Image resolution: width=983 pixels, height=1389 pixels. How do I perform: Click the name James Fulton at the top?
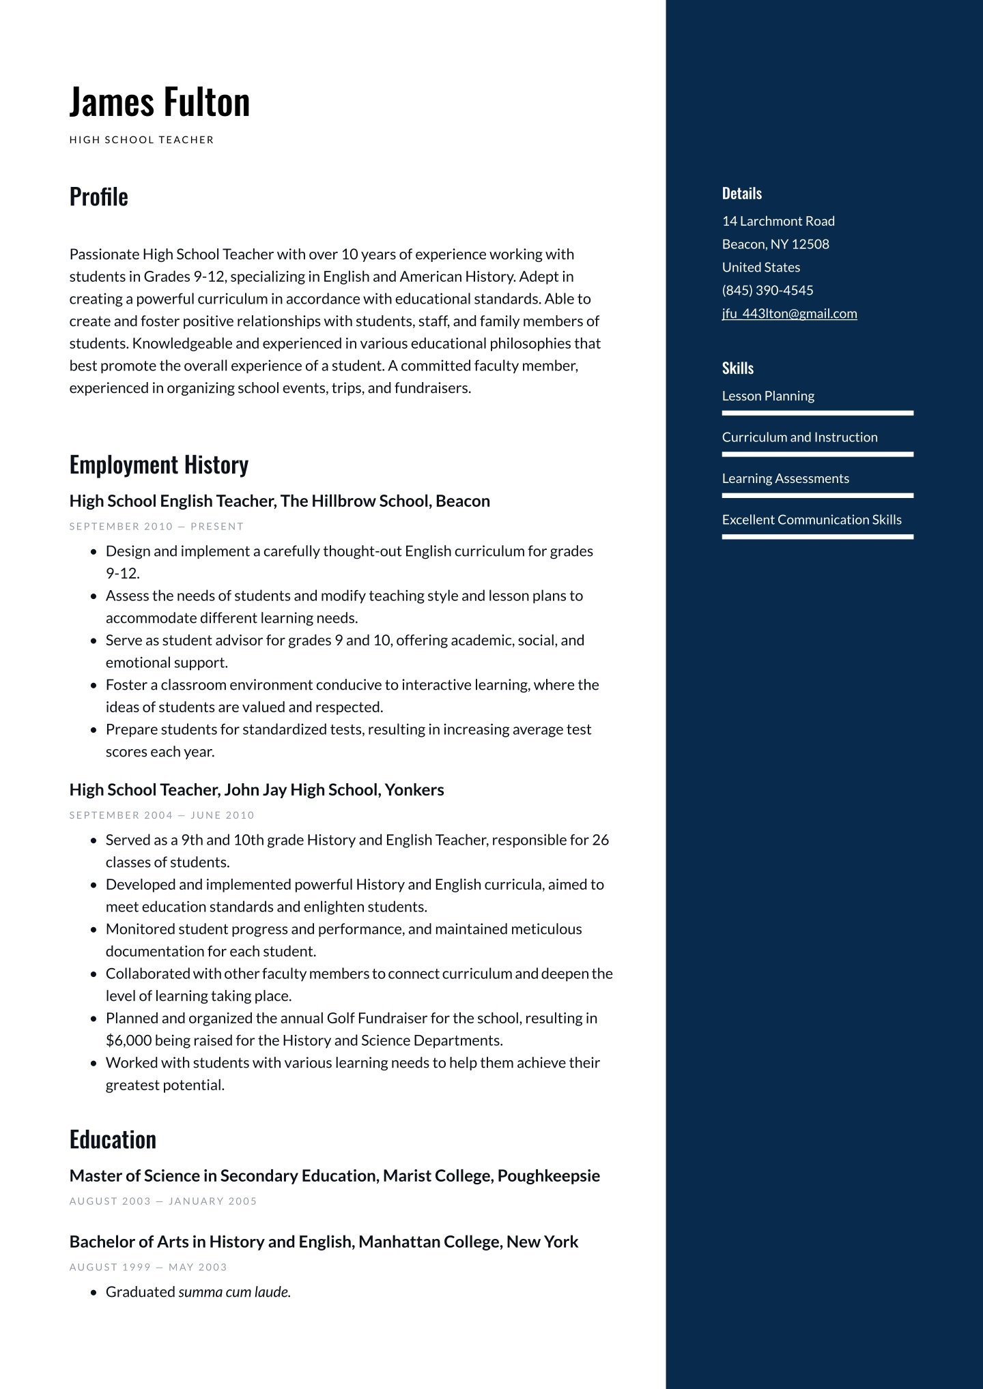click(x=160, y=102)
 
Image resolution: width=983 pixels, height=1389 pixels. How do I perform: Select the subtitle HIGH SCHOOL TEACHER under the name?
click(x=142, y=140)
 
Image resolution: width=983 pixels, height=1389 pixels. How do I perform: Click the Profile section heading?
click(x=99, y=196)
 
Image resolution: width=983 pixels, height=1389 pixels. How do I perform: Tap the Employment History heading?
click(x=159, y=465)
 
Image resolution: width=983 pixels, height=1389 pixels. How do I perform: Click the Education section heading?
click(x=113, y=1140)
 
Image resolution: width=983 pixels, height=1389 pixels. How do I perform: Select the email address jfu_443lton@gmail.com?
click(x=789, y=314)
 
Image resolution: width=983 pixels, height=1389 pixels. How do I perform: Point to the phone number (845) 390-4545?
click(x=767, y=291)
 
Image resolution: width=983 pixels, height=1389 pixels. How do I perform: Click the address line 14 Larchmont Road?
click(x=778, y=221)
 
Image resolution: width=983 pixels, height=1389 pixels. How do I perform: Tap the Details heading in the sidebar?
click(x=742, y=194)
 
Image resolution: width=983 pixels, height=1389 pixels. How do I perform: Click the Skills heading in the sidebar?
click(x=738, y=368)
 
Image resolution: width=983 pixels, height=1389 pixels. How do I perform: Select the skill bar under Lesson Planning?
click(x=817, y=413)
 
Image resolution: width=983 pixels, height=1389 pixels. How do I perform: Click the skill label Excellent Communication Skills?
click(x=812, y=520)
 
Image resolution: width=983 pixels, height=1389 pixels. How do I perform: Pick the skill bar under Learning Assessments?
click(x=817, y=495)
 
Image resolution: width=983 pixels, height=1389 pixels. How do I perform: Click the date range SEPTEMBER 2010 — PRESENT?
click(x=156, y=527)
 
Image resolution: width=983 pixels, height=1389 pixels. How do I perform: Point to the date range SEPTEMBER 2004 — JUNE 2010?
click(x=162, y=815)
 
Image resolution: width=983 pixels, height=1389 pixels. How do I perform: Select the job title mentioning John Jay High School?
click(x=257, y=790)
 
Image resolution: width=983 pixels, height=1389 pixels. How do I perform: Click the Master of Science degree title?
click(x=334, y=1176)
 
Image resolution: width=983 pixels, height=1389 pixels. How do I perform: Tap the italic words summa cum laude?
click(x=234, y=1292)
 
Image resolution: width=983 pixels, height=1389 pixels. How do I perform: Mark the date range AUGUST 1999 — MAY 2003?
click(x=148, y=1268)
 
